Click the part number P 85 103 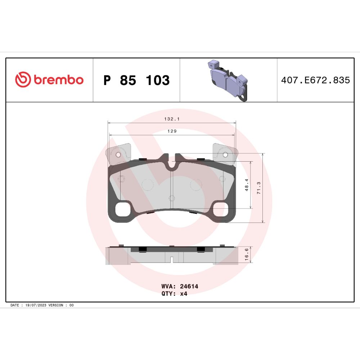136,80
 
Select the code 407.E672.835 315,80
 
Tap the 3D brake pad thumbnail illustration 228,80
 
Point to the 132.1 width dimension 172,119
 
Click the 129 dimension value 172,131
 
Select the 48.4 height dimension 247,185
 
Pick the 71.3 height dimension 259,188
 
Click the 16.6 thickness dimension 247,254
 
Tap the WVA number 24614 189,286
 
